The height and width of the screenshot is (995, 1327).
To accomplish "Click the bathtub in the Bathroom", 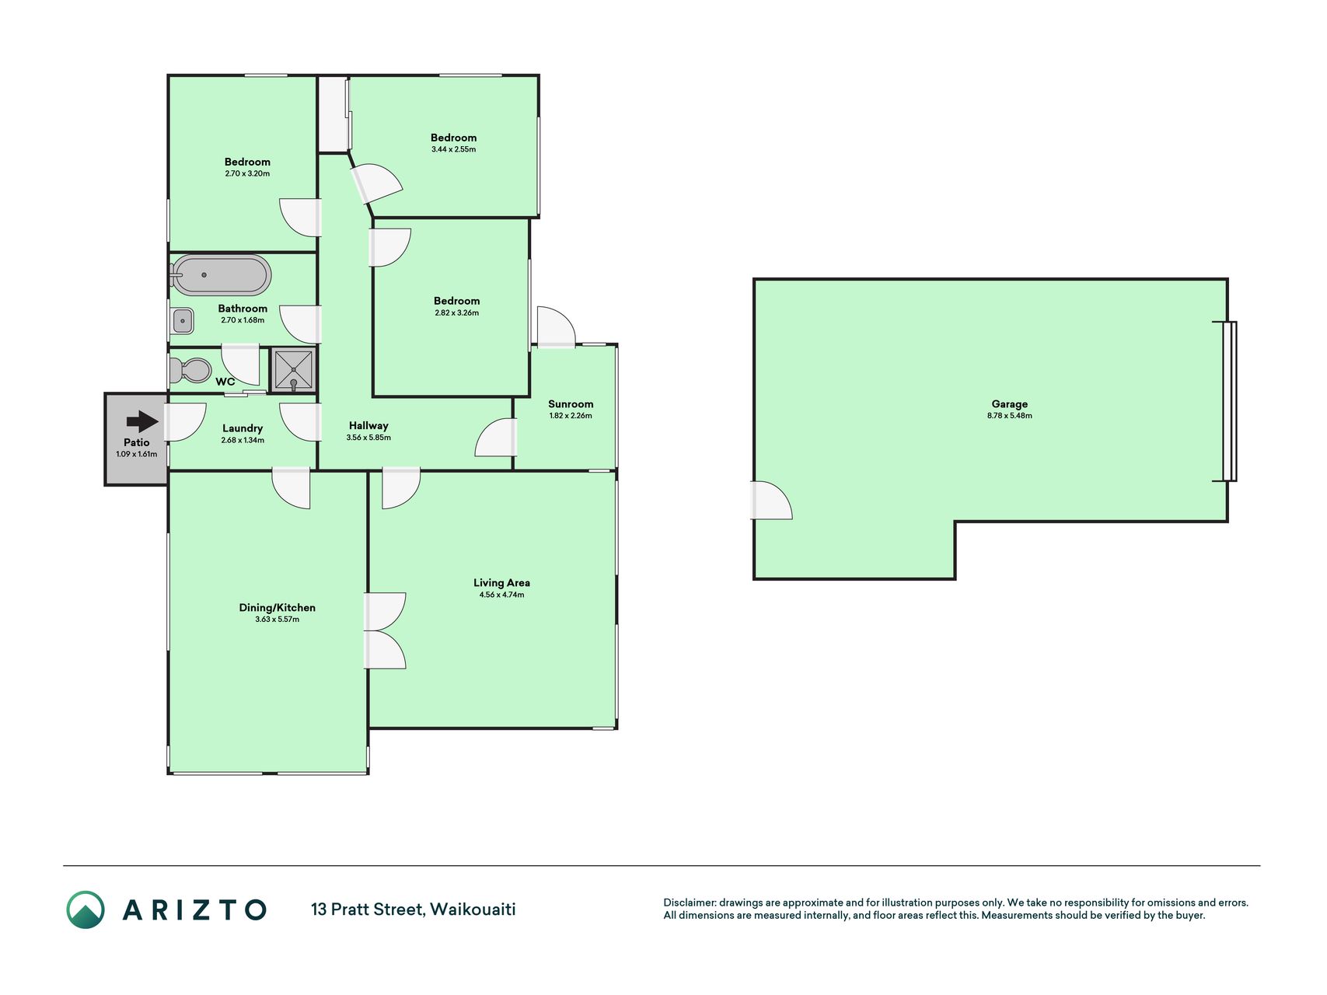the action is point(221,275).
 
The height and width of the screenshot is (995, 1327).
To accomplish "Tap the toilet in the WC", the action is point(190,370).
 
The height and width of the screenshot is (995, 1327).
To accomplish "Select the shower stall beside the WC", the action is point(294,369).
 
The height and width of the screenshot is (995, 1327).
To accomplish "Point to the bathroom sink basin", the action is point(182,320).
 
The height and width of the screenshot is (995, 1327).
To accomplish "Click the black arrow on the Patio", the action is point(142,421).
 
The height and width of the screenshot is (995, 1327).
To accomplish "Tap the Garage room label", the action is point(1009,404).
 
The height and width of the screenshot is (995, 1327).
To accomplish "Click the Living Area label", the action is point(501,583).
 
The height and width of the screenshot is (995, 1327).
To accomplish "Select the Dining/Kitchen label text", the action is point(277,608).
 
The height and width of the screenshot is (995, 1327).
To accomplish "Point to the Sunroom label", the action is point(571,404).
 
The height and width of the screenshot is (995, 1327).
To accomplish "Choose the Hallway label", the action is point(368,426).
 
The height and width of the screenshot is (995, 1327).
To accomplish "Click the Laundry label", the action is point(243,428).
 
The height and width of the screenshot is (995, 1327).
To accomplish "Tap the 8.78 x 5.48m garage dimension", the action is point(1009,416).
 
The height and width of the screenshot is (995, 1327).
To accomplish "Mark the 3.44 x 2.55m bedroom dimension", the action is point(454,149).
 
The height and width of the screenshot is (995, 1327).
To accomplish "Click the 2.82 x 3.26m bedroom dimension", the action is point(457,313).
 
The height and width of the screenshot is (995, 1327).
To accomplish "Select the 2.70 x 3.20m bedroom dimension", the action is point(247,174).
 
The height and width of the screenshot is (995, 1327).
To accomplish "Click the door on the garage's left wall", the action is point(770,500).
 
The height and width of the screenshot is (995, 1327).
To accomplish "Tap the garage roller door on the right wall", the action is point(1229,401).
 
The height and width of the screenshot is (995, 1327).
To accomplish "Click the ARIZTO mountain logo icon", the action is point(86,909).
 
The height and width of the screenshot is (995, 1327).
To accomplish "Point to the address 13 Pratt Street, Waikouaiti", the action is point(414,909).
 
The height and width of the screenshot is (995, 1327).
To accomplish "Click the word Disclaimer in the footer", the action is point(690,902).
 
